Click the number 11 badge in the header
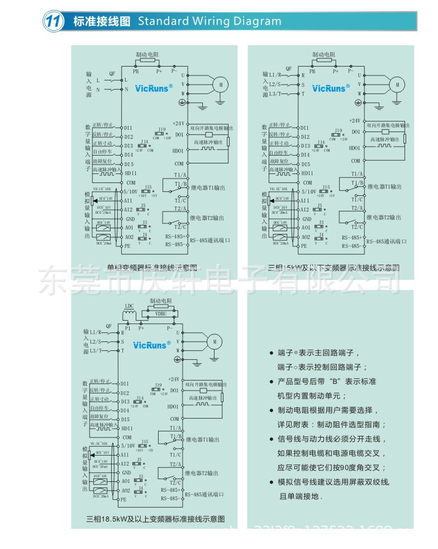[x=52, y=22]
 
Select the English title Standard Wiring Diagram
[x=210, y=22]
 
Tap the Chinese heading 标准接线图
[x=102, y=22]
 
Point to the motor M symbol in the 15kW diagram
[x=397, y=85]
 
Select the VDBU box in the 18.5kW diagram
[x=161, y=315]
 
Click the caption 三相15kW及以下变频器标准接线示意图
[x=334, y=268]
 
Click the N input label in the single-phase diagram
[x=98, y=90]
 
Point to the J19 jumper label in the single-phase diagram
[x=161, y=129]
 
